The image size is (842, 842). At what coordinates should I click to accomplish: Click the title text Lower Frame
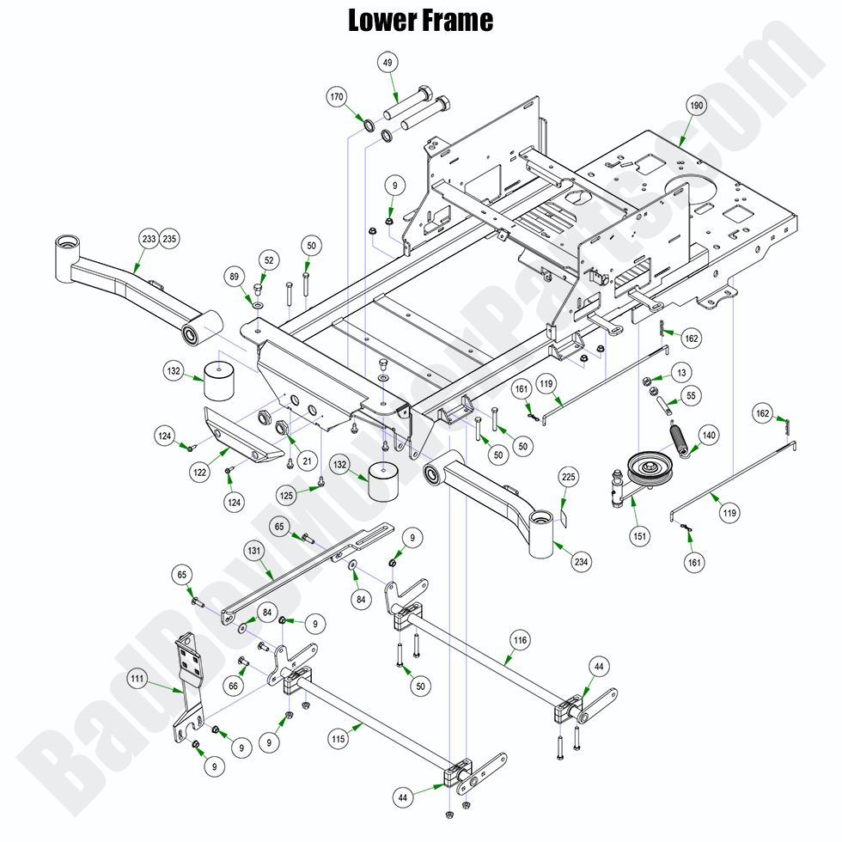[420, 20]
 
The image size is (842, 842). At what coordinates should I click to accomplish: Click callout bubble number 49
[387, 62]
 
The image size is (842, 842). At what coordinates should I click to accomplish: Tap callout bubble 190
[695, 106]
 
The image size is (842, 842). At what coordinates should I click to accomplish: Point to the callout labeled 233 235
[158, 239]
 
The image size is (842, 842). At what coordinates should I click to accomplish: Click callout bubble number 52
[270, 259]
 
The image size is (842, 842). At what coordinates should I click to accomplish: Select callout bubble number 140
[708, 435]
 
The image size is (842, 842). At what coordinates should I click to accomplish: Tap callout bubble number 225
[568, 476]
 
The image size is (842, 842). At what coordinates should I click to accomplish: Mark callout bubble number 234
[582, 562]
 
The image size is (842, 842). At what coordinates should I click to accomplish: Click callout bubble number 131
[253, 551]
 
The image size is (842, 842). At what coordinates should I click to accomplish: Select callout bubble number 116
[519, 640]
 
